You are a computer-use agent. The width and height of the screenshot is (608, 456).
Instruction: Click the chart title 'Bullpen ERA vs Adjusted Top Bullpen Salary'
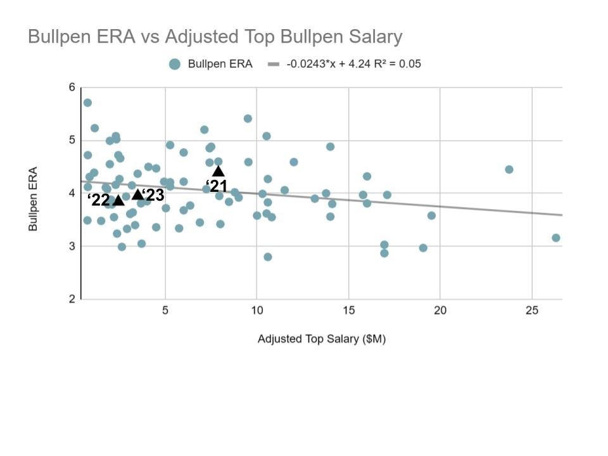pos(215,37)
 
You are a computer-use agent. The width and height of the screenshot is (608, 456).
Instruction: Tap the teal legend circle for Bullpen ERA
pos(175,64)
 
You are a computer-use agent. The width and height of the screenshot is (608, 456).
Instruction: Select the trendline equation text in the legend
pos(353,64)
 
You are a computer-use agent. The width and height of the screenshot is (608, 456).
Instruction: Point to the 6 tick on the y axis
pos(72,87)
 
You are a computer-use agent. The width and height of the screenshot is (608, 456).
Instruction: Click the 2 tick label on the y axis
pos(72,299)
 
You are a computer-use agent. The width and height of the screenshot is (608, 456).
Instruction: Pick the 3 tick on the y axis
pos(72,246)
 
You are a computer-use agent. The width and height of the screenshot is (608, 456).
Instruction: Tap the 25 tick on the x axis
pos(531,310)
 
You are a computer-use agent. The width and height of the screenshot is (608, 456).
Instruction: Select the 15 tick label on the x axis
pos(348,310)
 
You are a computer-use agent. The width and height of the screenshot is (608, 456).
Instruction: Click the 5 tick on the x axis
pos(165,310)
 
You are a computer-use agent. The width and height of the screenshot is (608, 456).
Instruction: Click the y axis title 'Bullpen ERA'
pos(33,199)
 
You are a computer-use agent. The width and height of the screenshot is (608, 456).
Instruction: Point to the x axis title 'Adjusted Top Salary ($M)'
pos(322,339)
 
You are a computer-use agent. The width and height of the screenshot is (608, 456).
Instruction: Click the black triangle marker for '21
pos(218,171)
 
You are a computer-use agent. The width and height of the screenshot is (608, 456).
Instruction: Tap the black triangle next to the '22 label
pos(118,200)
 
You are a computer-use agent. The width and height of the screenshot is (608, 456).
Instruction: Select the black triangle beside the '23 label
pos(137,194)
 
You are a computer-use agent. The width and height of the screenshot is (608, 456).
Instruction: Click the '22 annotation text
pos(100,200)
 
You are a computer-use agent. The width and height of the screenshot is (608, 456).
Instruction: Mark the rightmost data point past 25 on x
pos(556,238)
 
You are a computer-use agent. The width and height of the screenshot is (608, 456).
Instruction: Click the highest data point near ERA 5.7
pos(87,103)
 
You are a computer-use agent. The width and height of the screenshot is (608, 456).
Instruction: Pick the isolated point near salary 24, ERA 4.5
pos(509,170)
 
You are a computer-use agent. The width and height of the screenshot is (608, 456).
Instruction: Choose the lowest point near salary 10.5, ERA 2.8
pos(268,257)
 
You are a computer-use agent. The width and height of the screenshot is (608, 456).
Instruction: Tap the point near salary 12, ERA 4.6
pos(294,162)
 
